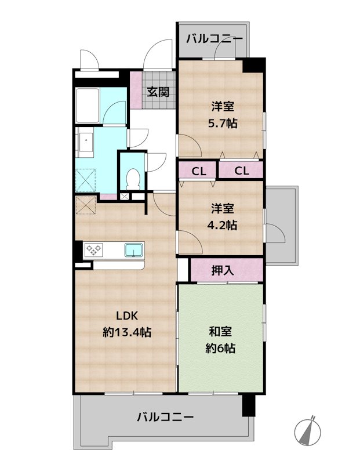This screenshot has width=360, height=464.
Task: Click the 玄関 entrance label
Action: click(158, 91)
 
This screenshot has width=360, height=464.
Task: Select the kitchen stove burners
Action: click(94, 251)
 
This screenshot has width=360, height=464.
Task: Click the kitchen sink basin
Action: click(134, 251)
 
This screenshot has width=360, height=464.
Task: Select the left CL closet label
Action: click(198, 171)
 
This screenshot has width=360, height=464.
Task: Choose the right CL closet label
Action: click(242, 171)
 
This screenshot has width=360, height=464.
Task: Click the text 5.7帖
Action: click(223, 124)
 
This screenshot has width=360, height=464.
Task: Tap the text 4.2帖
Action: click(223, 225)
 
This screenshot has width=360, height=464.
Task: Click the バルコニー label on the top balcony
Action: click(215, 39)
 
